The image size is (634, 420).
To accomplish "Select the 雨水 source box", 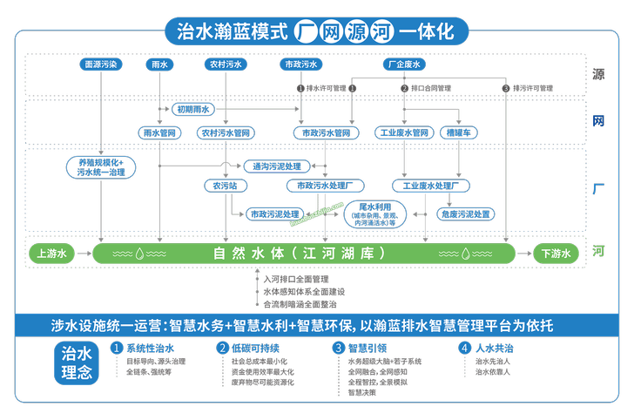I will coord(159,64).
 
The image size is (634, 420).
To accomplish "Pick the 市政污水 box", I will coord(300,64).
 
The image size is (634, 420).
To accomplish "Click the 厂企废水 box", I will coord(402,64).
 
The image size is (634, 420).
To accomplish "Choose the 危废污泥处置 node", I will coord(468,213).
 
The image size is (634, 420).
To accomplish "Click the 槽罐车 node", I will coord(457,132).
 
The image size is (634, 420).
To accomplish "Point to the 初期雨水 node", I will coord(193,110).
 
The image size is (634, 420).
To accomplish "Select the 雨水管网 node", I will coord(159,132).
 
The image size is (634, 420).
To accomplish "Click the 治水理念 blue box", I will coord(77,362).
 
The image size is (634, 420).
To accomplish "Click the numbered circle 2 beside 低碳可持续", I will coord(223,347).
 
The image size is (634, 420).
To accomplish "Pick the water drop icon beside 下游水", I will coord(467,254).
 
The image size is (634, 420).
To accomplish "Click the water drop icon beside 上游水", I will coord(140,254).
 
